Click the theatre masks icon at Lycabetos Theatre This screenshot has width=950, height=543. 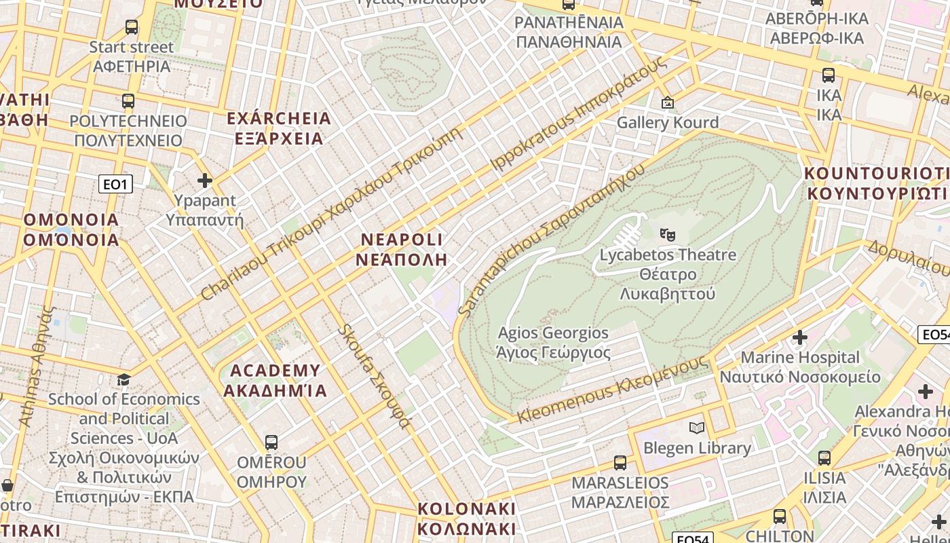(x=668, y=235)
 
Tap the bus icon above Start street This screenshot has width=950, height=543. (x=132, y=27)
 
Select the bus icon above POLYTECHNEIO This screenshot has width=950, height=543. (x=128, y=101)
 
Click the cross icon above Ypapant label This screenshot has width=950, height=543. (x=205, y=181)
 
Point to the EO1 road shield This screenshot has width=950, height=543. (x=115, y=184)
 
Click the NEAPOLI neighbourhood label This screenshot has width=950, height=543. (x=402, y=249)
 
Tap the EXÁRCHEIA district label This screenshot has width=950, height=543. (x=279, y=128)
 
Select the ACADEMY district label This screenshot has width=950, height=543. (x=275, y=380)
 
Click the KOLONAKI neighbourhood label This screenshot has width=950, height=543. (x=467, y=519)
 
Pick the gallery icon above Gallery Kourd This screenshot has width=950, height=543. (x=668, y=103)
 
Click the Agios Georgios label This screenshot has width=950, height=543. (x=553, y=343)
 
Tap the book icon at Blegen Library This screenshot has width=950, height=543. (x=697, y=428)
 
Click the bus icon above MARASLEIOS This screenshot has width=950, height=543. (x=620, y=463)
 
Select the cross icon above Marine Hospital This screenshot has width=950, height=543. (x=800, y=337)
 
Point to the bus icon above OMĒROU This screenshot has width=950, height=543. (x=271, y=443)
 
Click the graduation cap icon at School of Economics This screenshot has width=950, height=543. (x=123, y=379)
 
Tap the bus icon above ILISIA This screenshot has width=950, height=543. (x=824, y=458)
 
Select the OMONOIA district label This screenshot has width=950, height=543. (x=71, y=229)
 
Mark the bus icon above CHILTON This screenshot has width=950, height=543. (x=780, y=516)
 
